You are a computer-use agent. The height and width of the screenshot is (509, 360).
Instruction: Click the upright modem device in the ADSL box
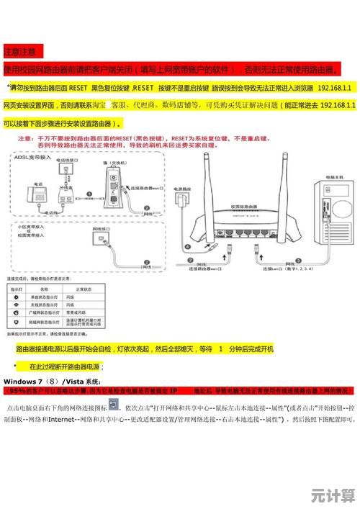coord(115,184)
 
